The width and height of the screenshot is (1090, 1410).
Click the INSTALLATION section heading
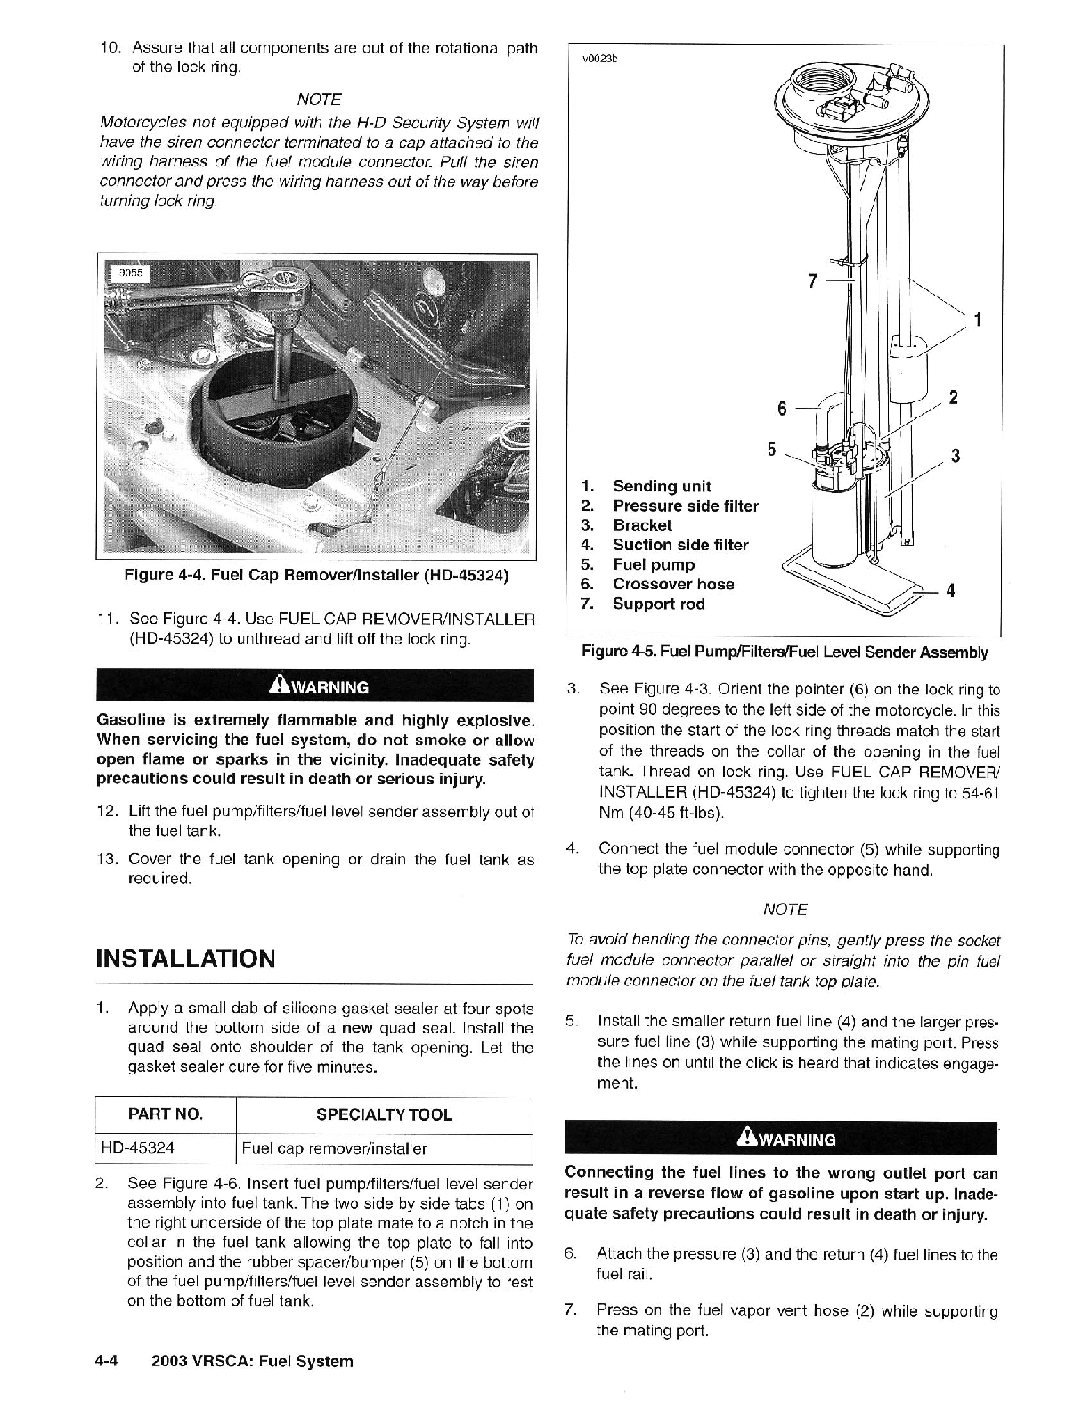(185, 959)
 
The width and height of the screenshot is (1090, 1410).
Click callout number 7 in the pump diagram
(812, 281)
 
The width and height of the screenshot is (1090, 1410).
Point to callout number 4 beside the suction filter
(950, 591)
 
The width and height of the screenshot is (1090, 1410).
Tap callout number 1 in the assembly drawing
(978, 320)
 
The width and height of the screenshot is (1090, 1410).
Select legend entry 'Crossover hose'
(673, 585)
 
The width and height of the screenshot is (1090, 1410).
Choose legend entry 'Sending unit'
(661, 486)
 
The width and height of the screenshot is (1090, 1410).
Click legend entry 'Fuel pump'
(653, 565)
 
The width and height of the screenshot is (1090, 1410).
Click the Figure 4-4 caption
(316, 576)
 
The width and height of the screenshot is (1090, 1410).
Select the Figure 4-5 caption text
(784, 652)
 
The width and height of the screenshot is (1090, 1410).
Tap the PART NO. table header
(166, 1114)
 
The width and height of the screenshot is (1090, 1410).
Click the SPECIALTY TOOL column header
(384, 1114)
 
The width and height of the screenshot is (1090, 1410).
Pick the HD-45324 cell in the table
(138, 1148)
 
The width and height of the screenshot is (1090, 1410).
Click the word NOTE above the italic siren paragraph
(318, 99)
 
